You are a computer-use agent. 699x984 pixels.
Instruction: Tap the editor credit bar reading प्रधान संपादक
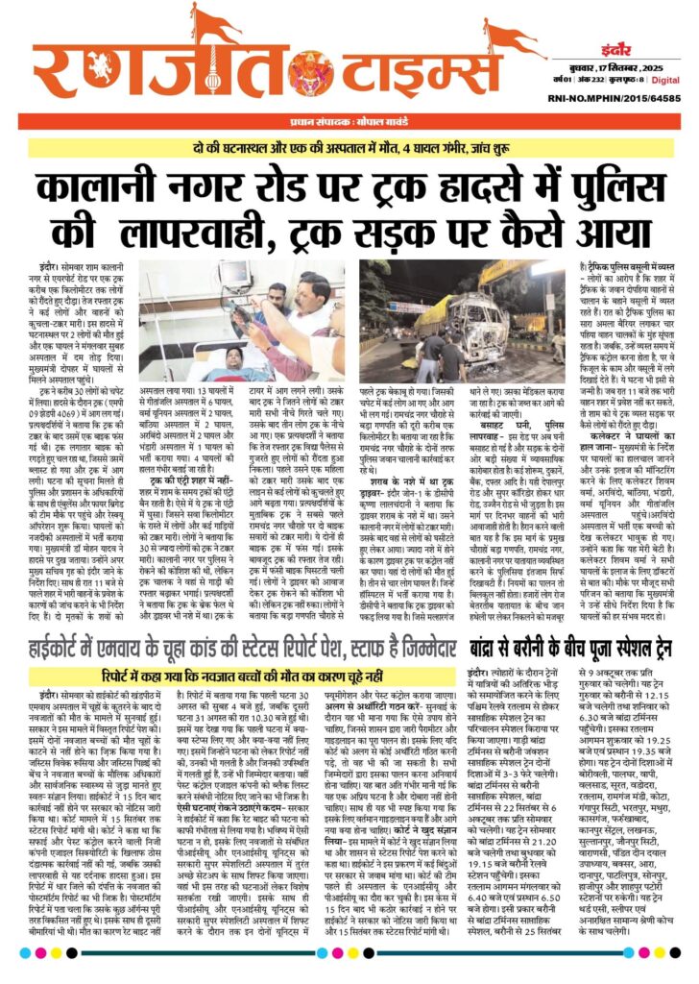(336, 124)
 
